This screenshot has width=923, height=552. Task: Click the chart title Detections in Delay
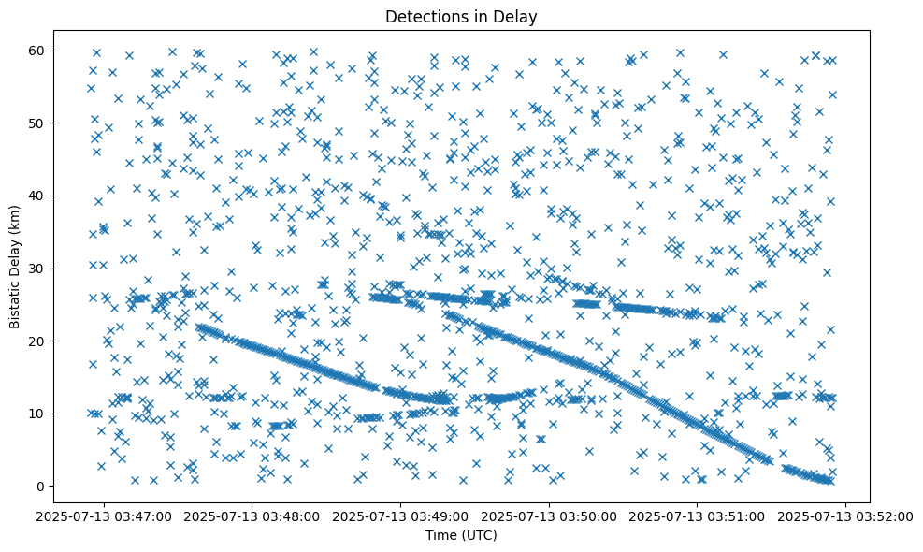(461, 16)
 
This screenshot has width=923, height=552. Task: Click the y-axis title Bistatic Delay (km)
(16, 268)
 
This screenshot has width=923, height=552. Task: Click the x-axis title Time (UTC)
(461, 536)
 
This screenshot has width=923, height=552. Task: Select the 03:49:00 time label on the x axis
(402, 516)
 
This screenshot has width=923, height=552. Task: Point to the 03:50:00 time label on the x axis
(550, 516)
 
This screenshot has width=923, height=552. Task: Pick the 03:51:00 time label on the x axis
(699, 516)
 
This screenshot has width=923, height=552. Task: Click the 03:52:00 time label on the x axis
(846, 516)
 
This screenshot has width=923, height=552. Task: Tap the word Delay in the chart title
(519, 16)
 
